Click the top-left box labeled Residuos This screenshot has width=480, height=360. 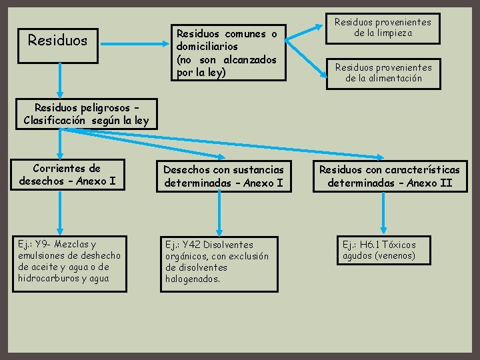(x=58, y=40)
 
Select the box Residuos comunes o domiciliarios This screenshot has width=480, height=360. (x=226, y=52)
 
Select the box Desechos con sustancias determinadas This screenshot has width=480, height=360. (x=223, y=177)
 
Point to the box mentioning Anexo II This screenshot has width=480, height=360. (x=389, y=177)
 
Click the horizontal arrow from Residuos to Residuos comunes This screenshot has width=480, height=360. (x=133, y=41)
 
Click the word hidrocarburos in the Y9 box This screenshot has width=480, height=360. (x=49, y=277)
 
